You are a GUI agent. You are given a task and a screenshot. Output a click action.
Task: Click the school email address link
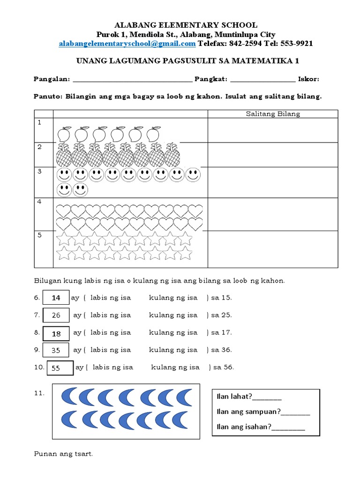[127, 44]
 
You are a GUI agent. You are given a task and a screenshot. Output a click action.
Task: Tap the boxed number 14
[56, 298]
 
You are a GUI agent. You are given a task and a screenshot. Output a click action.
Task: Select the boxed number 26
[56, 315]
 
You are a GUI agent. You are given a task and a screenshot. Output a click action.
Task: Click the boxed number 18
[56, 333]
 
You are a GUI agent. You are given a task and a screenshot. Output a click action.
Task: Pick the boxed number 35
[56, 350]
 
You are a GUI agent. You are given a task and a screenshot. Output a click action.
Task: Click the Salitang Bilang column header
[273, 113]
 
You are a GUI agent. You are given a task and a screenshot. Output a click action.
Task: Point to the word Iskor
[308, 79]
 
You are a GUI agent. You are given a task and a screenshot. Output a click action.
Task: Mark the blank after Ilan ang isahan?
[288, 427]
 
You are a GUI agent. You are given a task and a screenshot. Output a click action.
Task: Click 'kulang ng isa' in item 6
[173, 298]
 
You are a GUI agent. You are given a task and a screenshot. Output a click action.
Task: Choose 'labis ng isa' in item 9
[111, 350]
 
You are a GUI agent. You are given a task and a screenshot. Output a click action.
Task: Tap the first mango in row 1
[63, 135]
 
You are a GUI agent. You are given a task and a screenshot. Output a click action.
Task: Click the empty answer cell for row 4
[273, 214]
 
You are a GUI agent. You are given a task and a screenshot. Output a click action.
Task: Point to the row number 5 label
[40, 235]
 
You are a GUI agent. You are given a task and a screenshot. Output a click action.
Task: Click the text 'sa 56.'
[223, 367]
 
